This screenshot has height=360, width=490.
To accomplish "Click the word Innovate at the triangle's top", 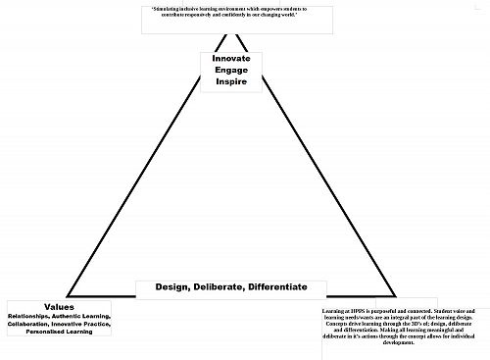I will point(231,59).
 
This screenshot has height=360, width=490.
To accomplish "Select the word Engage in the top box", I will point(231,70).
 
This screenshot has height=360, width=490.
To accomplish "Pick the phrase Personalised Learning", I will point(60,332).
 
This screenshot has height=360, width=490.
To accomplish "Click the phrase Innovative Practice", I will point(87,324).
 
